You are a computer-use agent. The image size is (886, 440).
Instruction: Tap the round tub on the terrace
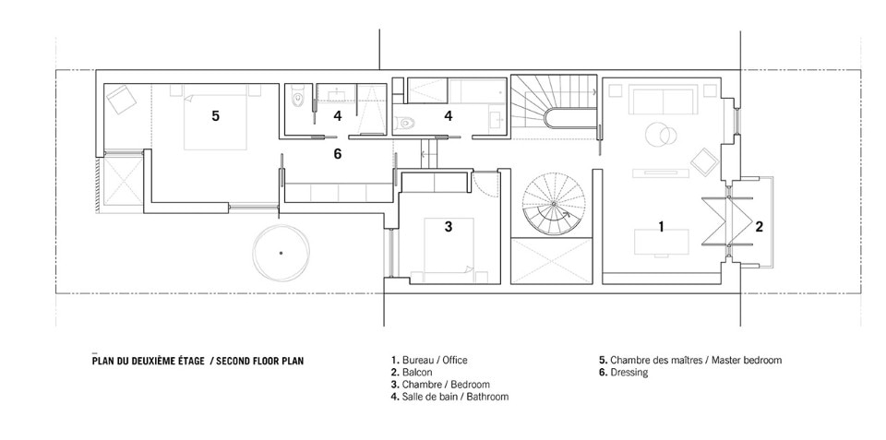[281, 253]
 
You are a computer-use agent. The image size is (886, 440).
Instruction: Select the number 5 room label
[215, 116]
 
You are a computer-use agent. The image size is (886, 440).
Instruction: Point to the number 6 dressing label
[338, 154]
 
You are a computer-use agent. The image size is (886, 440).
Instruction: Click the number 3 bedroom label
[449, 227]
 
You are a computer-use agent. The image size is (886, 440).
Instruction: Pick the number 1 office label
[661, 227]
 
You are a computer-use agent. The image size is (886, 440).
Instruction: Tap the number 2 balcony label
[759, 227]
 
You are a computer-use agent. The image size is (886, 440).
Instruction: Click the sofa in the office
[663, 101]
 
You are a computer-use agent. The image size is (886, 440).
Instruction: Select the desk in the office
[661, 243]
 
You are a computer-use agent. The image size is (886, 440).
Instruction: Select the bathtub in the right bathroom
[477, 91]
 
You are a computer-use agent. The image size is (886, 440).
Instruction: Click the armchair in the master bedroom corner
[122, 100]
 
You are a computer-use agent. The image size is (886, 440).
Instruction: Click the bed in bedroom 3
[449, 249]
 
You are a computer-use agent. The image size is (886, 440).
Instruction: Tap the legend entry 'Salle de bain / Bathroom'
[449, 397]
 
